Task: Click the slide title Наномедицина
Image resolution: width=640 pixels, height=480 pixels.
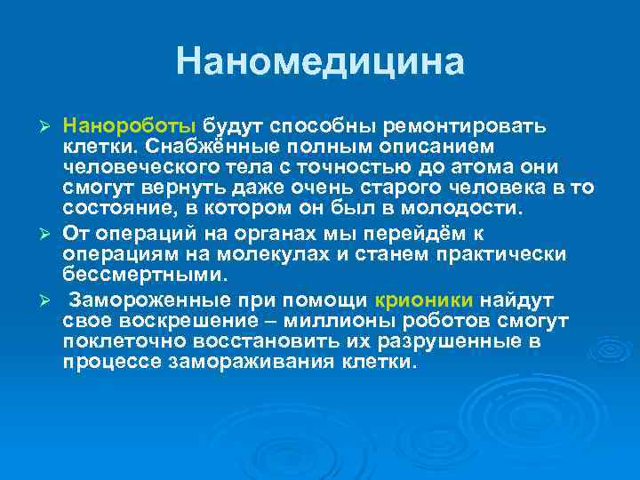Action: (320, 62)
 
